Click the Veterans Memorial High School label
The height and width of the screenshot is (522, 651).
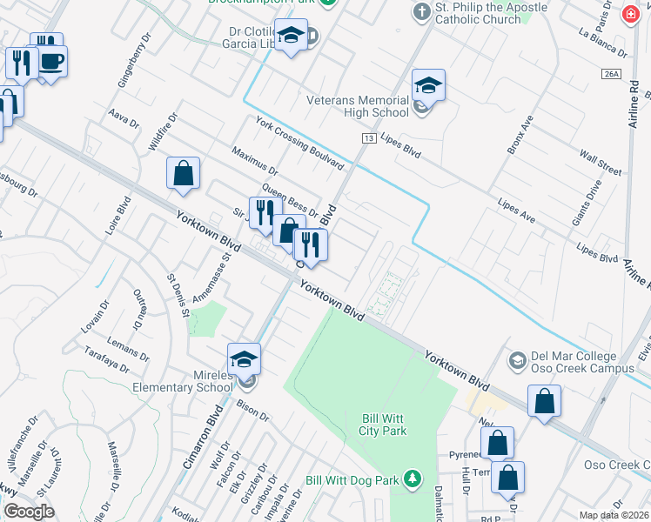357,106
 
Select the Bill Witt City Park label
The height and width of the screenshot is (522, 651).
384,425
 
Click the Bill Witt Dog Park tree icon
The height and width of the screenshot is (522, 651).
413,478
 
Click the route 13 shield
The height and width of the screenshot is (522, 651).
369,138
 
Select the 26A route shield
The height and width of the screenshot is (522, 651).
609,75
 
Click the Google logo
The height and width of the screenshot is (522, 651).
29,511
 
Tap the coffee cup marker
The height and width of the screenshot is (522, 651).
51,62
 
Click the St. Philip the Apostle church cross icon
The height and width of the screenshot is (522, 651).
421,12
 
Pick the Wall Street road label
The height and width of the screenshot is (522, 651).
601,161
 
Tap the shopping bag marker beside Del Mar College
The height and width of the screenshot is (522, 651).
544,401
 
